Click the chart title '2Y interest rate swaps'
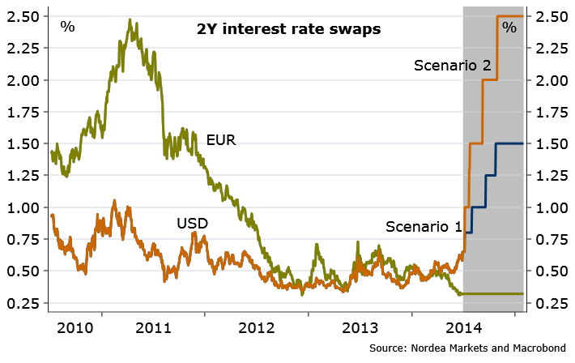pyautogui.click(x=288, y=30)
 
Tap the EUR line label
pyautogui.click(x=221, y=140)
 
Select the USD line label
pyautogui.click(x=193, y=222)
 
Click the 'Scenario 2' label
pyautogui.click(x=453, y=65)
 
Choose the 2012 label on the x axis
pyautogui.click(x=255, y=329)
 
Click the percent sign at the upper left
pyautogui.click(x=68, y=26)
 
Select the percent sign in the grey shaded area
pyautogui.click(x=509, y=28)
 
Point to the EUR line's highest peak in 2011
pyautogui.click(x=130, y=20)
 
